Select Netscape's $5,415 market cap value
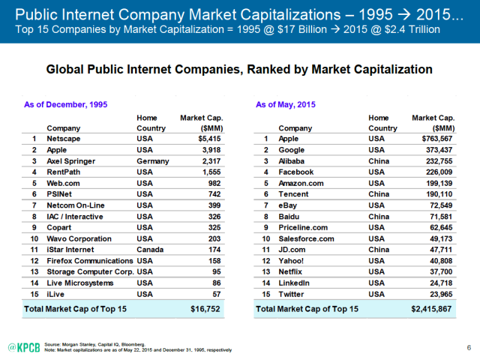point(210,139)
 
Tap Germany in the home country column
point(154,160)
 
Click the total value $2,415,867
point(431,308)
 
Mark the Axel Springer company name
point(71,160)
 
